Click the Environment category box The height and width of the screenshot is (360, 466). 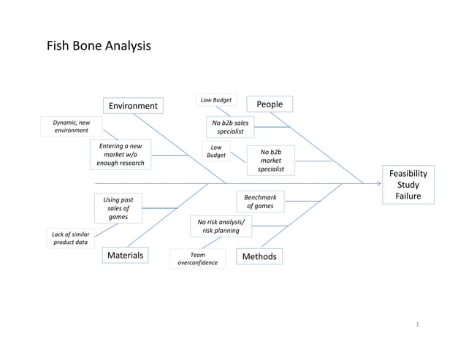click(133, 107)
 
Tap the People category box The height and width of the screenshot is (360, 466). click(270, 104)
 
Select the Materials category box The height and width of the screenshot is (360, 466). click(126, 255)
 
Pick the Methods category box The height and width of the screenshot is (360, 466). click(259, 256)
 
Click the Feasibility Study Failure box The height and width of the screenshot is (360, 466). click(408, 185)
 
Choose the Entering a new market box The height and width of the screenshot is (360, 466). click(121, 154)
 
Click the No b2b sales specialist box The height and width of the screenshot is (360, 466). click(230, 128)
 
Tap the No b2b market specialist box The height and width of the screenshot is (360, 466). click(270, 160)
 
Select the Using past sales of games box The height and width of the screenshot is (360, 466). click(118, 208)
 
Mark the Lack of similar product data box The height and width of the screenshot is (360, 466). click(71, 238)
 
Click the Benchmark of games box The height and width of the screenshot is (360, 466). click(260, 202)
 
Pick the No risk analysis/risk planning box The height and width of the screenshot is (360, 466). click(221, 226)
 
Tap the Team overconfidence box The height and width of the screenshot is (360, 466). click(198, 258)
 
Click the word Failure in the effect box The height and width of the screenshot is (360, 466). click(408, 196)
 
